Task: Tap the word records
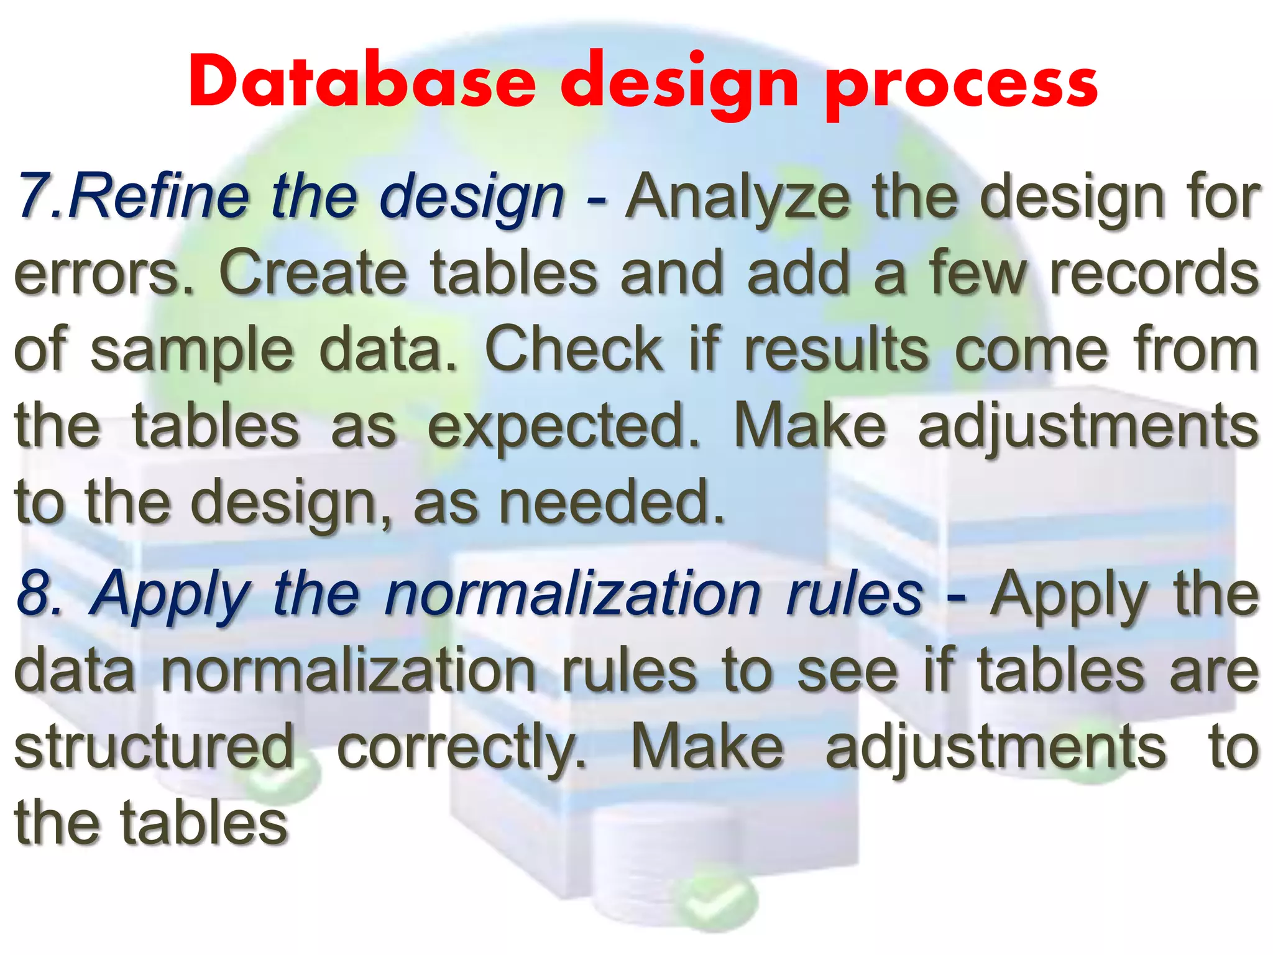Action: (1154, 272)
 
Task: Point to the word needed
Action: (612, 502)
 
